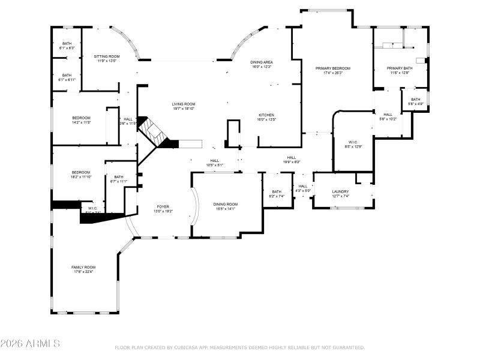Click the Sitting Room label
click(106, 58)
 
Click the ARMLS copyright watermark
click(30, 344)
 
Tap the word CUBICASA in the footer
click(189, 347)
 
